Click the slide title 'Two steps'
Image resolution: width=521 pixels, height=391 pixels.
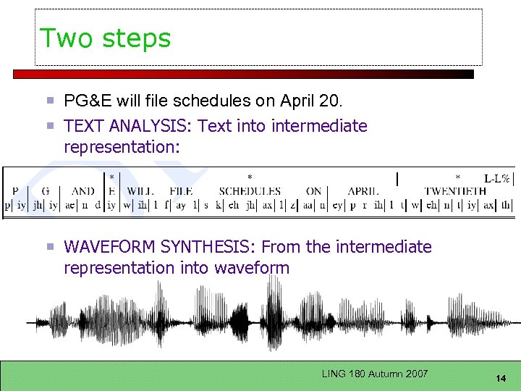pyautogui.click(x=106, y=38)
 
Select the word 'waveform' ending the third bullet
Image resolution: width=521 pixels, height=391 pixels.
pyautogui.click(x=251, y=268)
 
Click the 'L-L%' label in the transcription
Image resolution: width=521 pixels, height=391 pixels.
pyautogui.click(x=497, y=178)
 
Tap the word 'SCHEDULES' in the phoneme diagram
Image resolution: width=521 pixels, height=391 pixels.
pyautogui.click(x=250, y=191)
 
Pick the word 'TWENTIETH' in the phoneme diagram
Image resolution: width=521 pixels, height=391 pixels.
pyautogui.click(x=455, y=191)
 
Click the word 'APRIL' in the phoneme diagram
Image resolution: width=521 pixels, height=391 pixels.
pyautogui.click(x=363, y=191)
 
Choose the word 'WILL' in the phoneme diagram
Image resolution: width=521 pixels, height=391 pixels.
pyautogui.click(x=140, y=191)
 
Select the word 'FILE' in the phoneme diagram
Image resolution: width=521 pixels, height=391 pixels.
pyautogui.click(x=181, y=191)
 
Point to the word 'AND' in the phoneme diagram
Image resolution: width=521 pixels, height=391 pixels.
pyautogui.click(x=83, y=191)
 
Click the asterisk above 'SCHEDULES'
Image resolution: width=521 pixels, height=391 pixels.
pyautogui.click(x=250, y=177)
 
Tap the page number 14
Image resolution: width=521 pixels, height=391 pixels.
pyautogui.click(x=500, y=379)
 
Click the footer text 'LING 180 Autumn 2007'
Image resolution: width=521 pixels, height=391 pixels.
pyautogui.click(x=375, y=374)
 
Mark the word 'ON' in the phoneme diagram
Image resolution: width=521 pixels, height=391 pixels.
pyautogui.click(x=314, y=191)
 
